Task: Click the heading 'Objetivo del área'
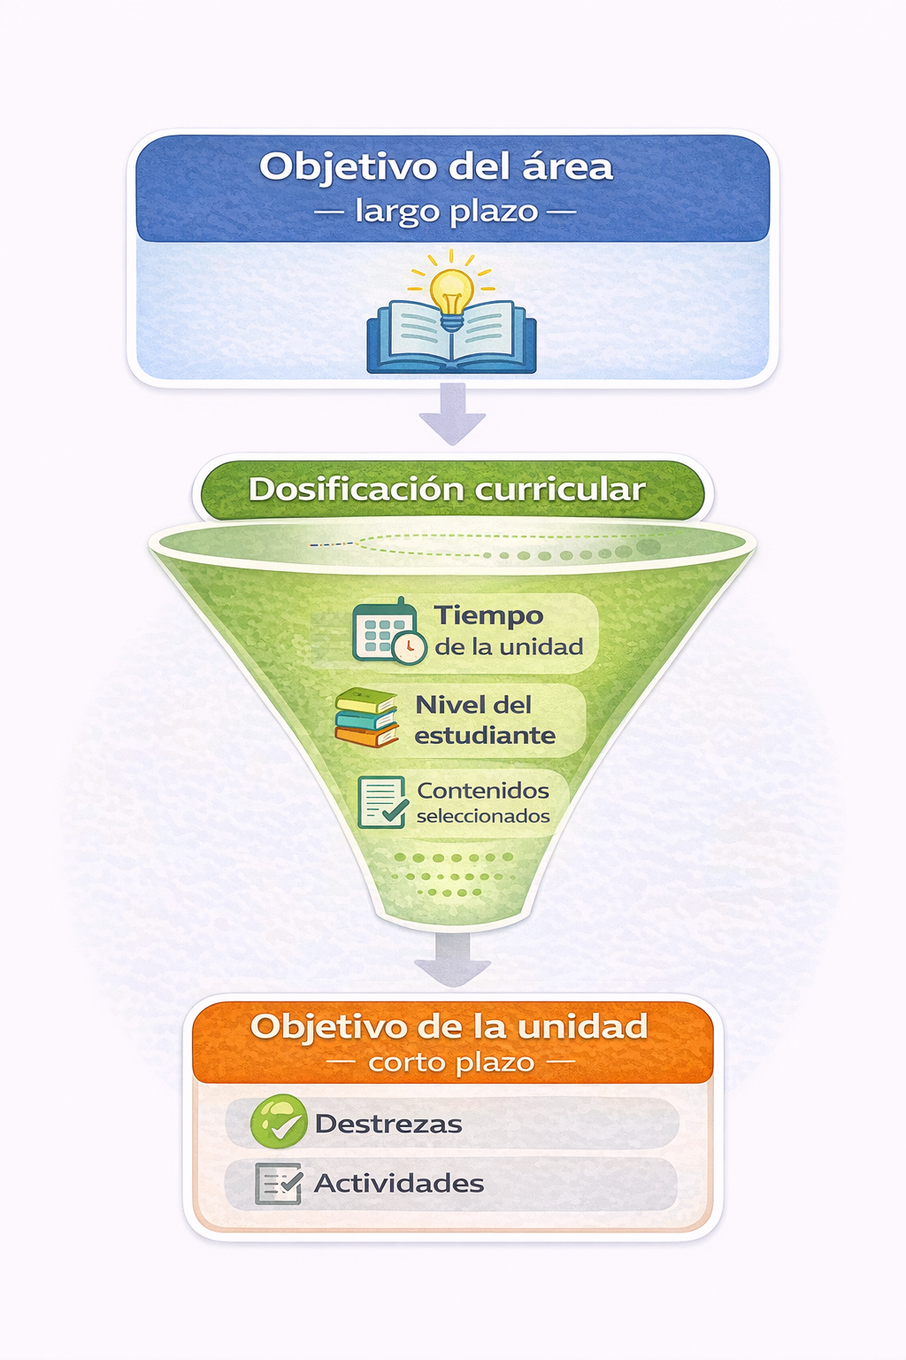tap(436, 167)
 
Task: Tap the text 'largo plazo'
tap(447, 212)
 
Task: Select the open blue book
tap(451, 337)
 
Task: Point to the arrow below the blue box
tap(452, 413)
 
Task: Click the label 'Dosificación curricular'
tap(447, 490)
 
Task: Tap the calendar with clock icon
tap(389, 631)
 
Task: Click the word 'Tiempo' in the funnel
tap(488, 615)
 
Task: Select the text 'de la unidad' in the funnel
tap(509, 646)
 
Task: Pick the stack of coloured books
tap(366, 717)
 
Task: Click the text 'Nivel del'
tap(473, 704)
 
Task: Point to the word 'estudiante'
tap(485, 735)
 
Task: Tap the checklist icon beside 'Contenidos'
tap(382, 802)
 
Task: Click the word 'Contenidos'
tap(483, 791)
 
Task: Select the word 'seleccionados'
tap(483, 815)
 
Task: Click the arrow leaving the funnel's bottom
tap(452, 959)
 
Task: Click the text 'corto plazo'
tap(451, 1062)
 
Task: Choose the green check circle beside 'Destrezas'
tap(279, 1121)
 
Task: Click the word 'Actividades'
tap(399, 1183)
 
